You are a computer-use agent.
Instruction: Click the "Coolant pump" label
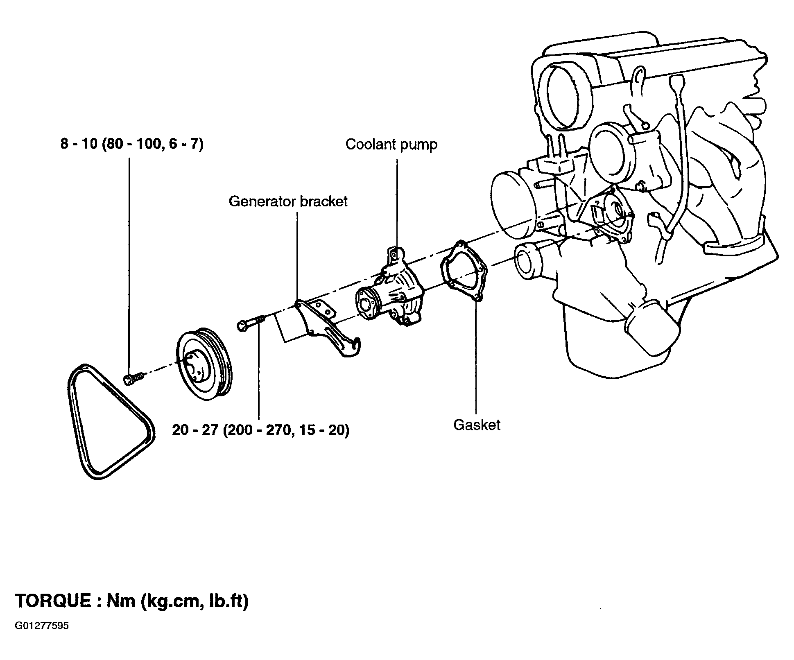(391, 145)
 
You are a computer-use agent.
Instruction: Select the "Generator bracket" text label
(288, 201)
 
